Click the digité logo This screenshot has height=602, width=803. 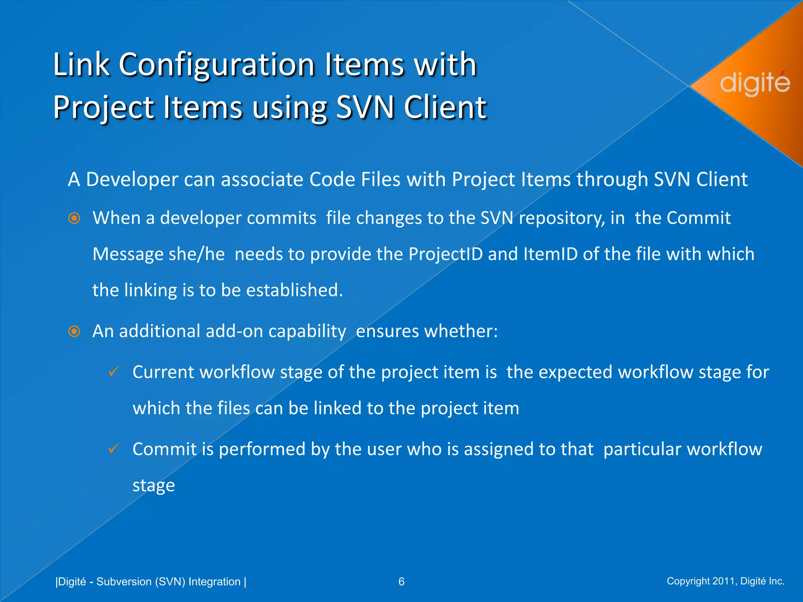(754, 83)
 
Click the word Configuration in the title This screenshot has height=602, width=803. (216, 65)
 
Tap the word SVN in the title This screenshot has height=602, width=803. (365, 107)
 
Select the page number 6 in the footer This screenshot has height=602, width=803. (401, 582)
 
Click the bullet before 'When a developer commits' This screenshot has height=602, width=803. (74, 218)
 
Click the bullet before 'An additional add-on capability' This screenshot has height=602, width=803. (74, 332)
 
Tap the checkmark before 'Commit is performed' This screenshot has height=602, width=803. (114, 448)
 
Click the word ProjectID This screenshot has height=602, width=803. (445, 254)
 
